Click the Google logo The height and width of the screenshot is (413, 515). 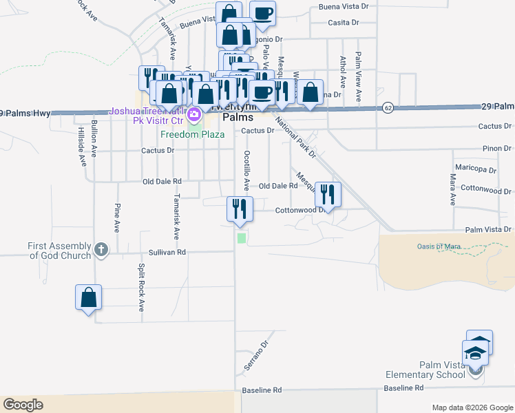point(23,405)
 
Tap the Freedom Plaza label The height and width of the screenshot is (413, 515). point(193,134)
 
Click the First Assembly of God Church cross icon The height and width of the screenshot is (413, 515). point(101,249)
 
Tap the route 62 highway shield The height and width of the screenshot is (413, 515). point(388,109)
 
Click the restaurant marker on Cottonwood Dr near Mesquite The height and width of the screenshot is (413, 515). point(327,195)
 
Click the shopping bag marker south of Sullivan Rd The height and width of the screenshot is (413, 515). point(88,298)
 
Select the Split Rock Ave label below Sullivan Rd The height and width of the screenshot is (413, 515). point(141,287)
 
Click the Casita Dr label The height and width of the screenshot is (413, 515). point(345,23)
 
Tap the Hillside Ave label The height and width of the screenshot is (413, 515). point(81,146)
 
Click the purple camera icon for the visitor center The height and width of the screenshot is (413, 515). point(195,113)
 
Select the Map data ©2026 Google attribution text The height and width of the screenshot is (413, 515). point(472,407)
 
